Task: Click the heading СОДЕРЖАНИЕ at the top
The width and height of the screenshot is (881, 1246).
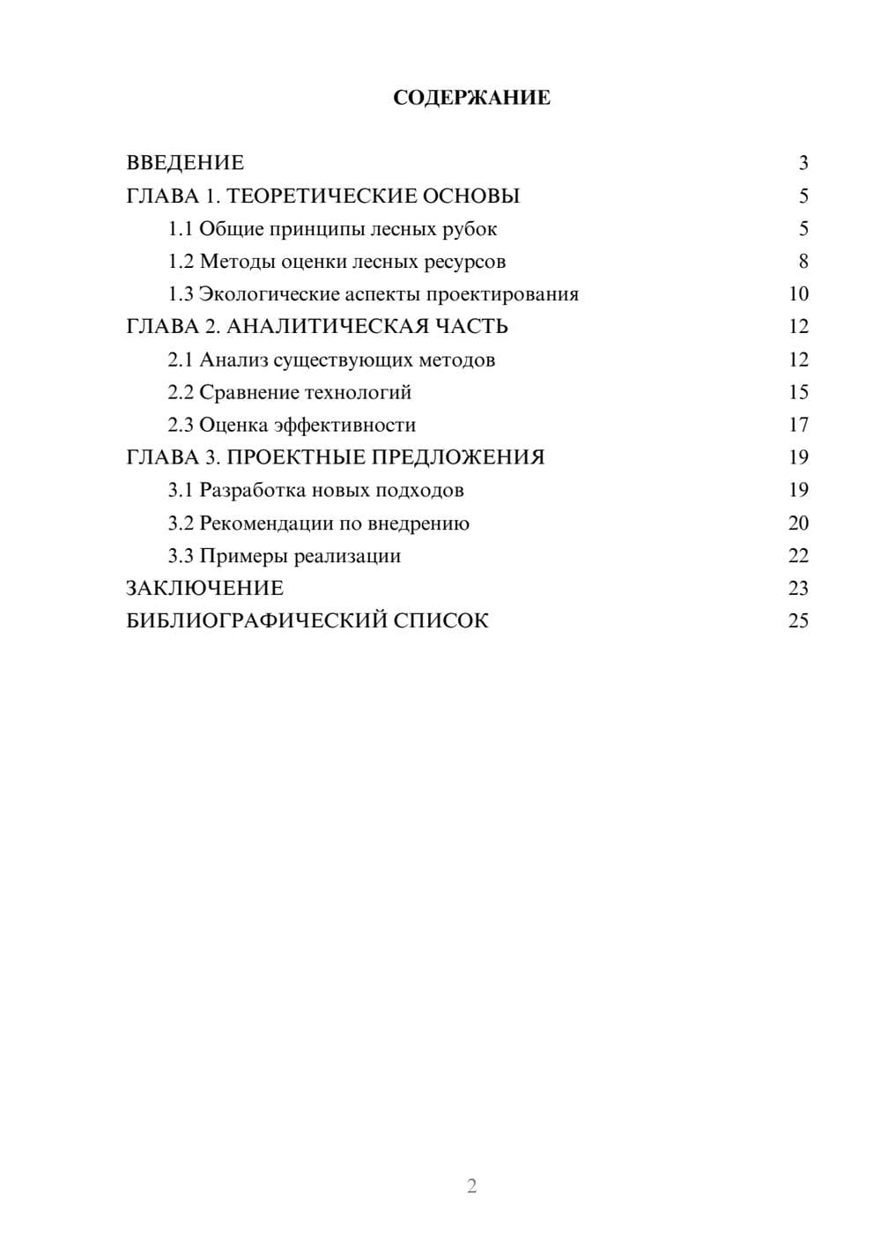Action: (471, 98)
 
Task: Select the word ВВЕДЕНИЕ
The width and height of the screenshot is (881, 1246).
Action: (185, 163)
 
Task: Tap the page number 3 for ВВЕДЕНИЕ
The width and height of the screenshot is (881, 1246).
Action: (803, 163)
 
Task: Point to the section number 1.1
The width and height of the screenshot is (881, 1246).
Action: (181, 229)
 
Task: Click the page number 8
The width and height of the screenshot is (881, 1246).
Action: (803, 262)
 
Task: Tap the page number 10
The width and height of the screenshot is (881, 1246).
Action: (798, 294)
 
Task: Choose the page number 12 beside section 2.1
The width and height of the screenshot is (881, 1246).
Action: (798, 360)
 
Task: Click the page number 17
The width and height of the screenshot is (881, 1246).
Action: (798, 425)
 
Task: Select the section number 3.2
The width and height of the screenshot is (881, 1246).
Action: (181, 523)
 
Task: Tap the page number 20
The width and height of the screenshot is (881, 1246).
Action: (798, 523)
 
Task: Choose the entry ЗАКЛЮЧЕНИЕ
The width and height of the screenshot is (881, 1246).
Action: (204, 589)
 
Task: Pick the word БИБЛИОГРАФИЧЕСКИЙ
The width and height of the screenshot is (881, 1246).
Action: (256, 621)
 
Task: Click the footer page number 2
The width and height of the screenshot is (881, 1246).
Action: (471, 1186)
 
